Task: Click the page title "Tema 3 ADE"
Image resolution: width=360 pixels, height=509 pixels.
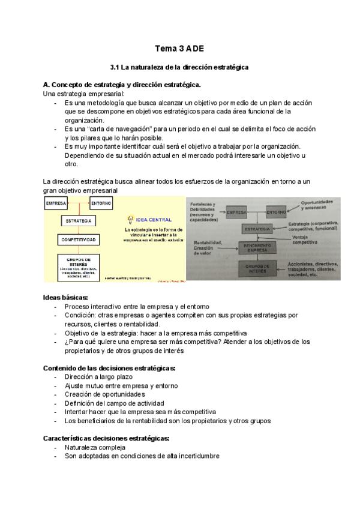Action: tap(179, 47)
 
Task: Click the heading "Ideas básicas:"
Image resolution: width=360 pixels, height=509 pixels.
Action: tap(66, 298)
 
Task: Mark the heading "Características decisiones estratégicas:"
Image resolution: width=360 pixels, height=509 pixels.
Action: tap(106, 438)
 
